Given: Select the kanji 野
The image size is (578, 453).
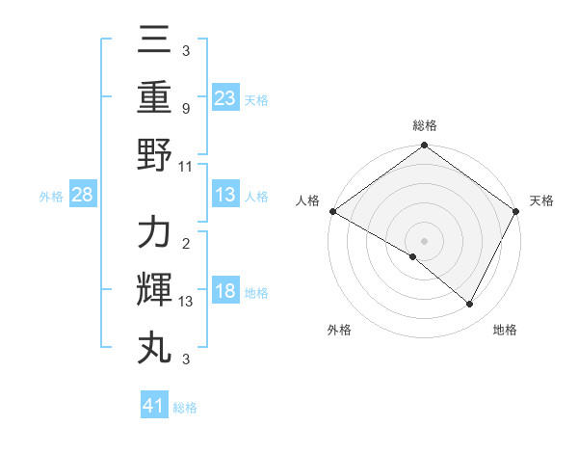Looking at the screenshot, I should pos(154,154).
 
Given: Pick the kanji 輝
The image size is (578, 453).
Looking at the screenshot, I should pos(154,290).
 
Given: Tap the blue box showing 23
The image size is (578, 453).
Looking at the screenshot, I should pos(225,97).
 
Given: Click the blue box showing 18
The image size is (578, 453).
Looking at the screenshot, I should pos(225,292).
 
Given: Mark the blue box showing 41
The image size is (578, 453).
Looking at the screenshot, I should pos(154,406).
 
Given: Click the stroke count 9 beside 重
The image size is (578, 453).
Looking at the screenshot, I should pos(185,109).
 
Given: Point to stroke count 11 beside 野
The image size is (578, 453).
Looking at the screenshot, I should pos(186,167).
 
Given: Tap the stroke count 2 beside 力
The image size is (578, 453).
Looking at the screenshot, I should pos(185,244).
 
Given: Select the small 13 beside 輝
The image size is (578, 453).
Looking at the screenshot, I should pos(186,302).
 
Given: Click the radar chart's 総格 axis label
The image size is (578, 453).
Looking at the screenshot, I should pos(424,125).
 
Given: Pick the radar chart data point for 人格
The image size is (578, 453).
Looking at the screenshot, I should pos(331,211).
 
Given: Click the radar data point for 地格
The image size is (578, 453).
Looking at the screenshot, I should pos(470,305).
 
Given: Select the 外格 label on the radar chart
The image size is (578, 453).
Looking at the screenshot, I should pos(339,330).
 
